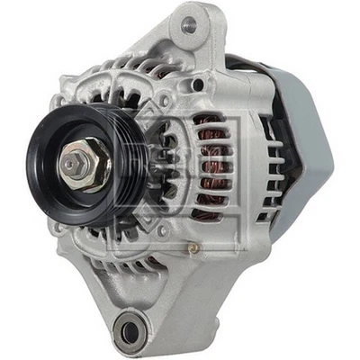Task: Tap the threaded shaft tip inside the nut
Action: [x=71, y=166]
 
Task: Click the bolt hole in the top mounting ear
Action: [x=188, y=25]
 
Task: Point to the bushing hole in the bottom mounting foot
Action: [x=132, y=330]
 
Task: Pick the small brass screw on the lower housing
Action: [x=191, y=244]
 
